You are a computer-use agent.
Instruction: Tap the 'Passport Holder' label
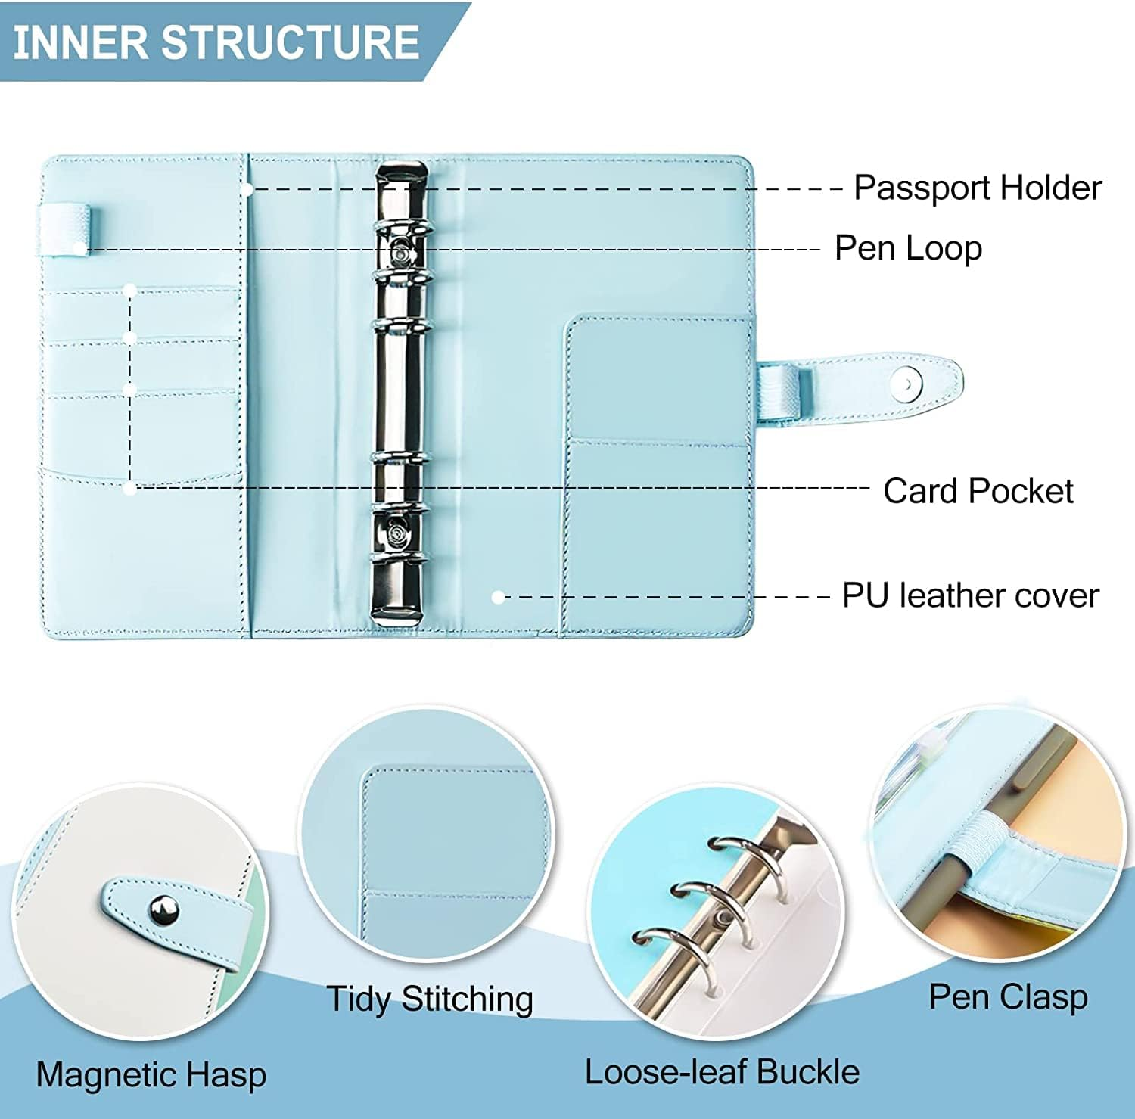977,188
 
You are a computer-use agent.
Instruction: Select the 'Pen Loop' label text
908,248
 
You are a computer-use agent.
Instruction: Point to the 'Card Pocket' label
978,491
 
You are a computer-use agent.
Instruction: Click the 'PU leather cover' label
970,595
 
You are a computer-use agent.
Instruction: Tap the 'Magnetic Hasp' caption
151,1074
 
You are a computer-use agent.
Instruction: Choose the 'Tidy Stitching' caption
429,999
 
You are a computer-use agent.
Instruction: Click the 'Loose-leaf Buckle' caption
722,1072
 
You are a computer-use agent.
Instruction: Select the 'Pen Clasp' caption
1008,996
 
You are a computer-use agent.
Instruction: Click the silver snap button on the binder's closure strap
902,384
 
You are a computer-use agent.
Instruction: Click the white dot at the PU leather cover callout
497,597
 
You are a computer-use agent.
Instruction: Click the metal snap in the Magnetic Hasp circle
164,910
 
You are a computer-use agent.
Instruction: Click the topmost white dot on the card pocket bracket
130,290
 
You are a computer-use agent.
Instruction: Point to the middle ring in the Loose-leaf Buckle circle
700,900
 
